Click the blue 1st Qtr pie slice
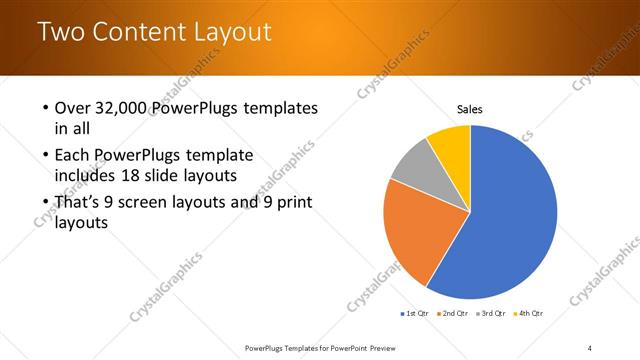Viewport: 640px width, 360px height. point(510,220)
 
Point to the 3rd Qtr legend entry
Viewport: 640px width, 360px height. point(491,313)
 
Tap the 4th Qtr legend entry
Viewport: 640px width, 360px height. point(529,313)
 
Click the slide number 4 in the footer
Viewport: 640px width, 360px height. point(589,347)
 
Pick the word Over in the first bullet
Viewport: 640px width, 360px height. point(73,107)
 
